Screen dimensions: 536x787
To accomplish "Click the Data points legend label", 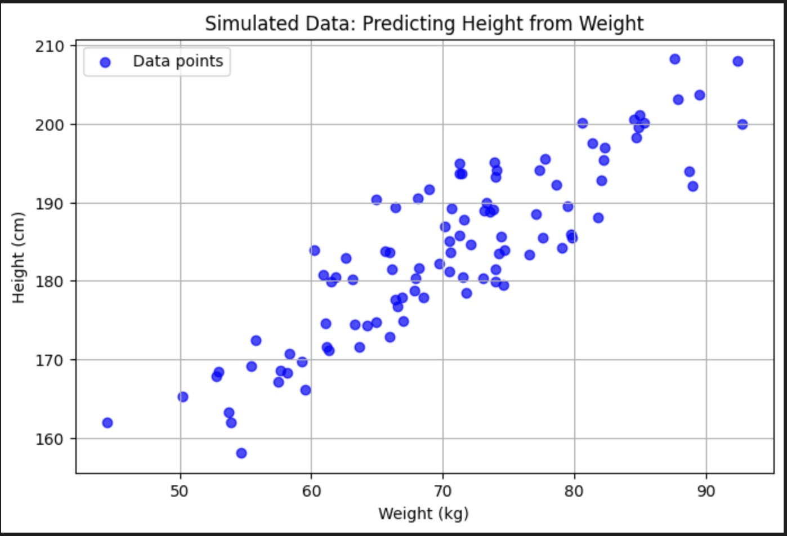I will pyautogui.click(x=178, y=61).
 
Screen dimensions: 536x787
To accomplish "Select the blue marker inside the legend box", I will pyautogui.click(x=105, y=62).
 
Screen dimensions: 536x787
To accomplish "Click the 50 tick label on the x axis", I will pyautogui.click(x=180, y=491).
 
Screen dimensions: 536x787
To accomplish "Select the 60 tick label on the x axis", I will pyautogui.click(x=311, y=491).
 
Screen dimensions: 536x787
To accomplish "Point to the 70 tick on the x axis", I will pyautogui.click(x=442, y=491).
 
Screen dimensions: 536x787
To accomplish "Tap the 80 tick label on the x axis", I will pyautogui.click(x=574, y=491).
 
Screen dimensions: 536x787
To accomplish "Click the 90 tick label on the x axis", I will pyautogui.click(x=706, y=491).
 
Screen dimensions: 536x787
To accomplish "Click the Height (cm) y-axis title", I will pyautogui.click(x=19, y=258).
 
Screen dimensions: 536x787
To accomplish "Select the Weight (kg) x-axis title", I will pyautogui.click(x=423, y=513).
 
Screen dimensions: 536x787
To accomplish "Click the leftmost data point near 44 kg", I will pyautogui.click(x=108, y=423).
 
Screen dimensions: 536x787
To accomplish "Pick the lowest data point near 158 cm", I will pyautogui.click(x=242, y=453).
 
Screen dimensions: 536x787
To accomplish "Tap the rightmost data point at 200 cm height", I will pyautogui.click(x=743, y=124).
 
